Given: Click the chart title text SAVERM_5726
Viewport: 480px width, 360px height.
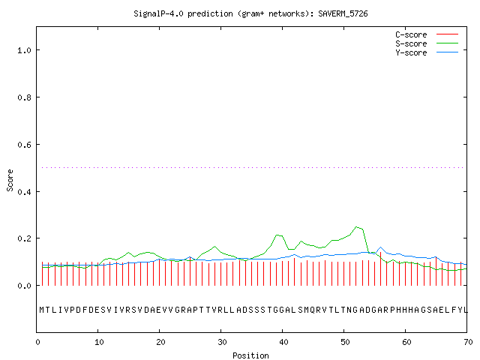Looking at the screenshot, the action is [343, 13].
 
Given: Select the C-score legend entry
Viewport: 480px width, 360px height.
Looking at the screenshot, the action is [427, 34].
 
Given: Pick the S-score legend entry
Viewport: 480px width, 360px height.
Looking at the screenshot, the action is [427, 43].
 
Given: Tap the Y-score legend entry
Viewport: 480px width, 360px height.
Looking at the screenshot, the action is [427, 52].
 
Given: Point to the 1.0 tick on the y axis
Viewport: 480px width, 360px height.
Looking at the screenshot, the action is [25, 50].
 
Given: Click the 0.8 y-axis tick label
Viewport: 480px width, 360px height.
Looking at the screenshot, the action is [25, 97].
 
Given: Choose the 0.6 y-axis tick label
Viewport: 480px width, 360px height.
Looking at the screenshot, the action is [25, 145].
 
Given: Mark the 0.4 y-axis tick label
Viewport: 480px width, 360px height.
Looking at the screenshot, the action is [25, 192].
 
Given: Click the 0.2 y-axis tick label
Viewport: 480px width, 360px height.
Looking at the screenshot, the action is [25, 238].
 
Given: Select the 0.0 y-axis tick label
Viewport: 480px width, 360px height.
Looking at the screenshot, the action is [25, 286].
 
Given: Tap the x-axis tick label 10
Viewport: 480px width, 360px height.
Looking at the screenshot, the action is [99, 342].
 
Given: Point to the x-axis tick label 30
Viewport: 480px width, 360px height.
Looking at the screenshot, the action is [222, 342].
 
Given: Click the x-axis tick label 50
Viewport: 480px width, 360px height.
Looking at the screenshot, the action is [345, 342].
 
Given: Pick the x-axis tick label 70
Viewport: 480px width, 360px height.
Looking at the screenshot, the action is [468, 342].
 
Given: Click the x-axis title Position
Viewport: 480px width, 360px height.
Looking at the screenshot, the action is [250, 355].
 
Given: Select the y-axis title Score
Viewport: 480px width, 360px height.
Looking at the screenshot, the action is [10, 180].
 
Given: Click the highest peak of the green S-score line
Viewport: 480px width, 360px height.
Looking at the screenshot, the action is [356, 226].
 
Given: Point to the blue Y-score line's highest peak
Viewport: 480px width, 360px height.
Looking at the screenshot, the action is [380, 247].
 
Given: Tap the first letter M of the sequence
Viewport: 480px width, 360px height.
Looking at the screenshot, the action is [42, 310].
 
